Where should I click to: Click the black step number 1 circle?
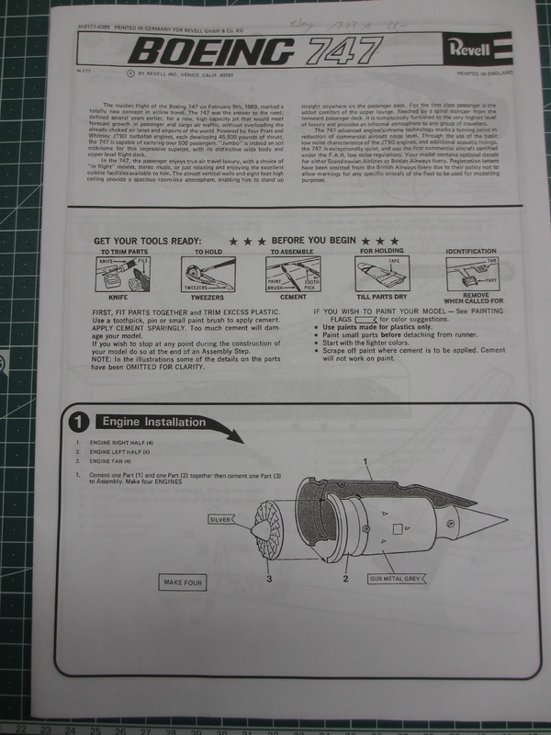[x=80, y=423]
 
